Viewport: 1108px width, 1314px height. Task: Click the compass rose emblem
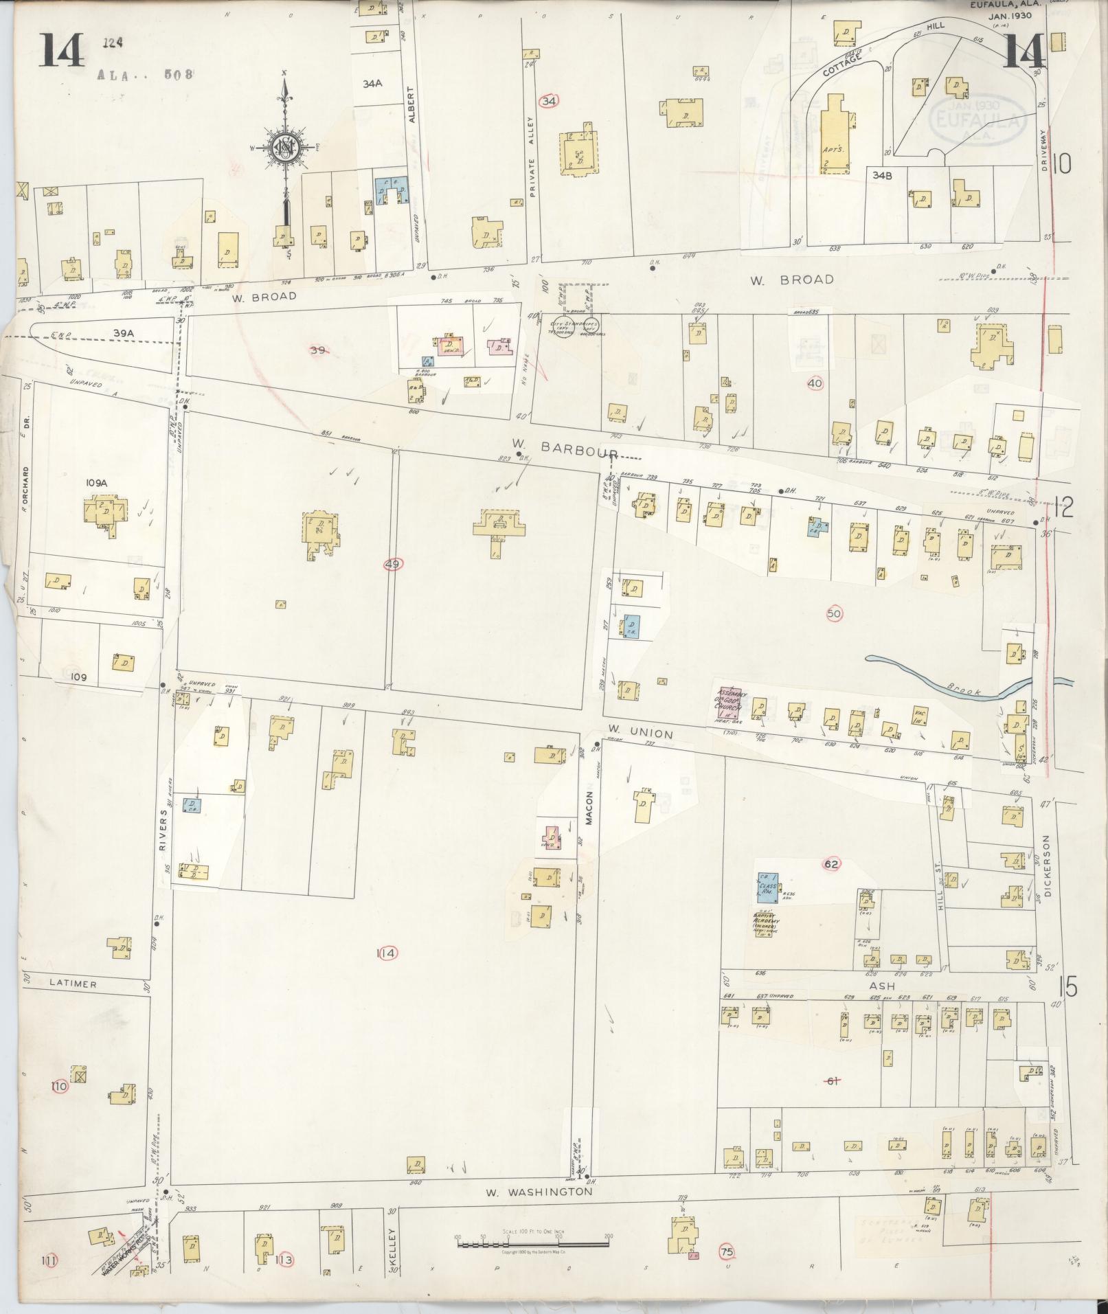tap(284, 146)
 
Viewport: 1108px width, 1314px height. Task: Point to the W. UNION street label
tap(640, 734)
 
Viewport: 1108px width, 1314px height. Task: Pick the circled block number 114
tap(387, 953)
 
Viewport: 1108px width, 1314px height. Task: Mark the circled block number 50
tap(835, 613)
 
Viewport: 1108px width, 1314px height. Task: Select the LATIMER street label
tap(74, 984)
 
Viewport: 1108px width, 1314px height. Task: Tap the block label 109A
tap(97, 483)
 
